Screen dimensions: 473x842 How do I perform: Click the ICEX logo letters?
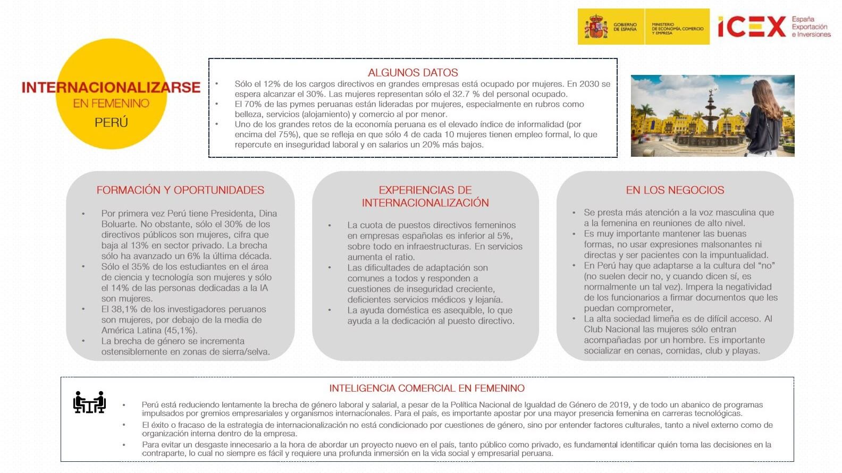pyautogui.click(x=752, y=27)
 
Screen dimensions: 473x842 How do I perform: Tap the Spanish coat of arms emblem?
pyautogui.click(x=596, y=27)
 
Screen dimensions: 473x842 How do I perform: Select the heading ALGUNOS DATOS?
pyautogui.click(x=412, y=73)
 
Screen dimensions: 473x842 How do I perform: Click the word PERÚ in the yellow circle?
pyautogui.click(x=111, y=123)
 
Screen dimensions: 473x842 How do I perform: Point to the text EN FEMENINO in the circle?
pyautogui.click(x=111, y=104)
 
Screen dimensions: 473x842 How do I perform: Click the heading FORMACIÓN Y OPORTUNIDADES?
pyautogui.click(x=180, y=190)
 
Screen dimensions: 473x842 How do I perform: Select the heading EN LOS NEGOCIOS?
pyautogui.click(x=675, y=190)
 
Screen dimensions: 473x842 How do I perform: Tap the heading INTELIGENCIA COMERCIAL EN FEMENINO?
pyautogui.click(x=426, y=388)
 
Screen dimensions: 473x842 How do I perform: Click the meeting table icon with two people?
pyautogui.click(x=89, y=402)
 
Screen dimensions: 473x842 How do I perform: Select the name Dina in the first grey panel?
pyautogui.click(x=268, y=214)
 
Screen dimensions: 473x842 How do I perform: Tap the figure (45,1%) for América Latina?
pyautogui.click(x=181, y=331)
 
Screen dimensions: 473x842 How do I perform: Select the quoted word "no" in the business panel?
pyautogui.click(x=766, y=266)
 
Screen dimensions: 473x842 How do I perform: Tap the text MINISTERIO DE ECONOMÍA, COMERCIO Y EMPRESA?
pyautogui.click(x=677, y=29)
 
